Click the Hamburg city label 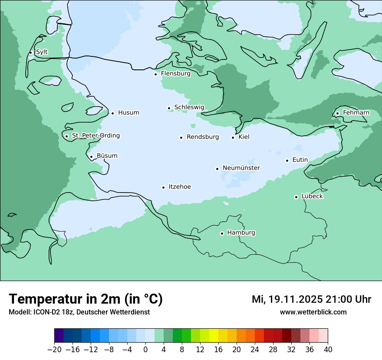(x=241, y=232)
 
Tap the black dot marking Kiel (x=233, y=137)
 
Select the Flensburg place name (x=175, y=74)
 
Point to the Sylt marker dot (x=30, y=53)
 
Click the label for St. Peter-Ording (x=95, y=136)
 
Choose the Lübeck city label (x=312, y=196)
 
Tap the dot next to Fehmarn (x=337, y=114)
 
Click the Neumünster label (x=241, y=168)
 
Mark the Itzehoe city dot (x=163, y=187)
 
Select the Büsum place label (x=107, y=156)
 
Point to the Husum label (x=128, y=113)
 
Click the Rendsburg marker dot (x=181, y=137)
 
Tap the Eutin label (x=300, y=160)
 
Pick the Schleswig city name (x=189, y=107)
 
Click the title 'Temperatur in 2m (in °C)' (x=86, y=299)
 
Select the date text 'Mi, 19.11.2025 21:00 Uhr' (x=311, y=299)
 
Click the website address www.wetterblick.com (x=313, y=312)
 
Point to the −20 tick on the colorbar (x=54, y=350)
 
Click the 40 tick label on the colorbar (x=328, y=350)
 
